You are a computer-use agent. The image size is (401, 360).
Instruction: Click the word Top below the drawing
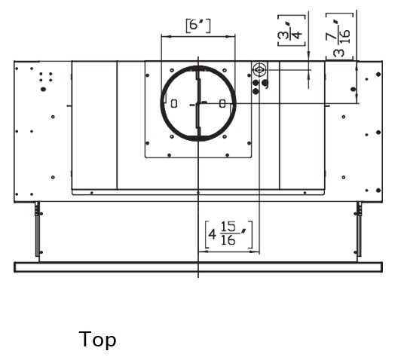tap(97, 340)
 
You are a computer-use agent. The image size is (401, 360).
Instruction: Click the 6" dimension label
tap(198, 26)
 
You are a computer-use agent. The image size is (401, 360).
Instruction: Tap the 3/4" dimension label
tap(292, 31)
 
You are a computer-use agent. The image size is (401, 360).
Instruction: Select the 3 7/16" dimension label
tap(340, 35)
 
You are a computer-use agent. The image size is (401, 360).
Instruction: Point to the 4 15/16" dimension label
tap(228, 234)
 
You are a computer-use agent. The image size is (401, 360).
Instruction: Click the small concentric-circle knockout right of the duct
tap(259, 69)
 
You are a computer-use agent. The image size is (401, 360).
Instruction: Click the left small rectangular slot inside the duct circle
tap(174, 103)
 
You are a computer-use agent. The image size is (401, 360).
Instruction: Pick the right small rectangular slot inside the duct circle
tap(222, 103)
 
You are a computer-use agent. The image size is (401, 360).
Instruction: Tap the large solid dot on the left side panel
tap(43, 89)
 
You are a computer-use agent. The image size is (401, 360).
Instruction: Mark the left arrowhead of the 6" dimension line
tap(164, 37)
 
